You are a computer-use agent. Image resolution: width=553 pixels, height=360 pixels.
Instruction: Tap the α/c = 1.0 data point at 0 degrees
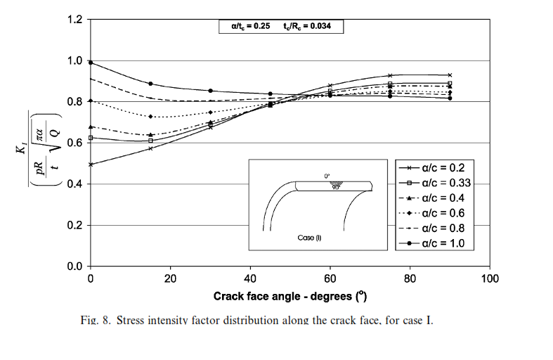pyautogui.click(x=91, y=63)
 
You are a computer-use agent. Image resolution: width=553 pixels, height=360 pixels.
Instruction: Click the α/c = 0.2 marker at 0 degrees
pyautogui.click(x=91, y=165)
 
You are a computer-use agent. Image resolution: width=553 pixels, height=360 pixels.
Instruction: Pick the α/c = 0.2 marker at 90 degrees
pyautogui.click(x=450, y=75)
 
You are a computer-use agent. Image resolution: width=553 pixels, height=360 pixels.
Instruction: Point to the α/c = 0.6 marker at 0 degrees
pyautogui.click(x=91, y=101)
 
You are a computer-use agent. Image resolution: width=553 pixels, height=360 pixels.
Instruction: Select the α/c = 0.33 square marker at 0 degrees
pyautogui.click(x=91, y=138)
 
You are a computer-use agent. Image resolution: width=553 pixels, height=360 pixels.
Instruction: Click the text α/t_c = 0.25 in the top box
pyautogui.click(x=251, y=27)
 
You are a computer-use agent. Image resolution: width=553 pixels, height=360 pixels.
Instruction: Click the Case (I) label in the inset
pyautogui.click(x=309, y=238)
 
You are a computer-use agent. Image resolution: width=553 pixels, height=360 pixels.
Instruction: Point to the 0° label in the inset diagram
pyautogui.click(x=327, y=176)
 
